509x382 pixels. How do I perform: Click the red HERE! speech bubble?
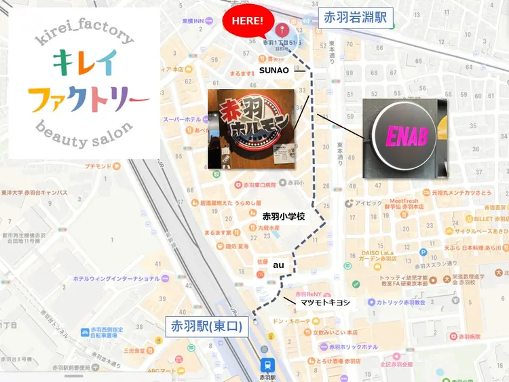tap(248, 20)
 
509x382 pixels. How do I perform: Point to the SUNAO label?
tap(274, 70)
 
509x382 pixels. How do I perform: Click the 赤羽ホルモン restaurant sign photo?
tap(251, 128)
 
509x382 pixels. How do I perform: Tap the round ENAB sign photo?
tap(405, 138)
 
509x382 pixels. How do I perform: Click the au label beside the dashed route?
tap(278, 265)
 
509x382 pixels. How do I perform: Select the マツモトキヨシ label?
tap(326, 302)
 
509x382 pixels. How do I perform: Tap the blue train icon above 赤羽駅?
tap(267, 363)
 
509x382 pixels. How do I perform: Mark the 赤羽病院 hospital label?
tap(470, 337)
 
